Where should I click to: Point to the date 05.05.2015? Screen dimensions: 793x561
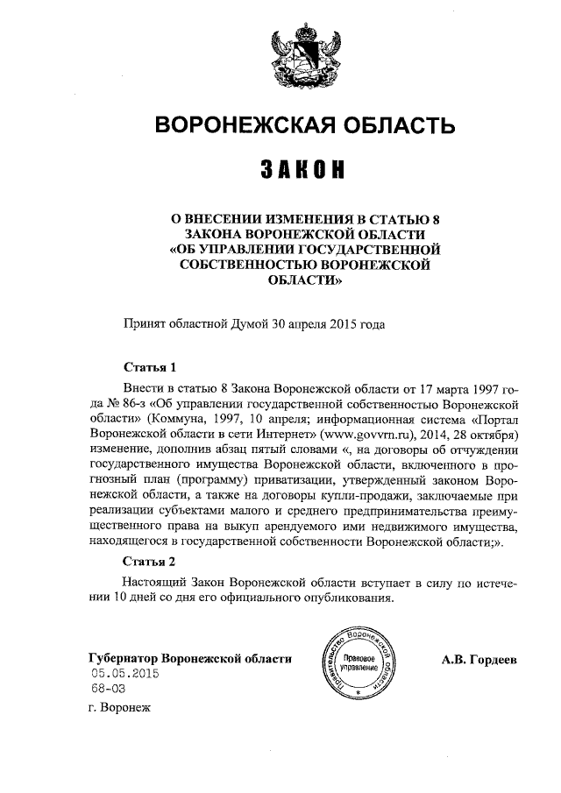(124, 673)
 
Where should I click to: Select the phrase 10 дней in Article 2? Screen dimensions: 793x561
(131, 598)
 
